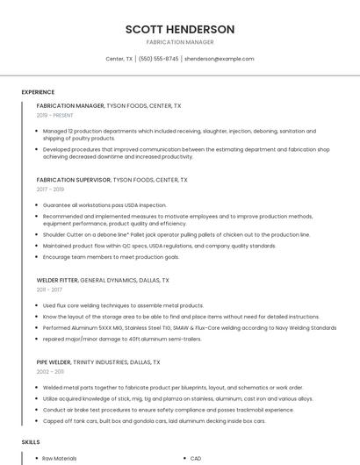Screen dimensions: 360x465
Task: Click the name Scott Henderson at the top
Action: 179,28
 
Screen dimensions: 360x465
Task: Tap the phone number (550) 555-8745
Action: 158,59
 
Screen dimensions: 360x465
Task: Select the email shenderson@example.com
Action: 219,59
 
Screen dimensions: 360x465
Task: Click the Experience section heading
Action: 38,92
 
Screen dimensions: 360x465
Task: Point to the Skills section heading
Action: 31,442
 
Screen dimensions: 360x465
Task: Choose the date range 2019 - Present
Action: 54,115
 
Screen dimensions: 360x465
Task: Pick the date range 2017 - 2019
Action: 50,189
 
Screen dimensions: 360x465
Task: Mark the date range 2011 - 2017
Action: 49,289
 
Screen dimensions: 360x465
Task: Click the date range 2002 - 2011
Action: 50,371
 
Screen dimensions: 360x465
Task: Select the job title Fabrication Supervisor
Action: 74,180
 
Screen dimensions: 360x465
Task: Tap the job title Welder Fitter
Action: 57,280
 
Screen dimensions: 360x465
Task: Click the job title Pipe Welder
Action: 54,361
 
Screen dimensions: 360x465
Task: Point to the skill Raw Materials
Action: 60,458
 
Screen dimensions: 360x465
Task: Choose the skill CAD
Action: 196,458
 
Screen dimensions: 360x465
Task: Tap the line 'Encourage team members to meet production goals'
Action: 111,257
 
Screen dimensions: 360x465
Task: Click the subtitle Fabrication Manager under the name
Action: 179,42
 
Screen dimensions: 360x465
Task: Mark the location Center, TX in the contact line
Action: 119,59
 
